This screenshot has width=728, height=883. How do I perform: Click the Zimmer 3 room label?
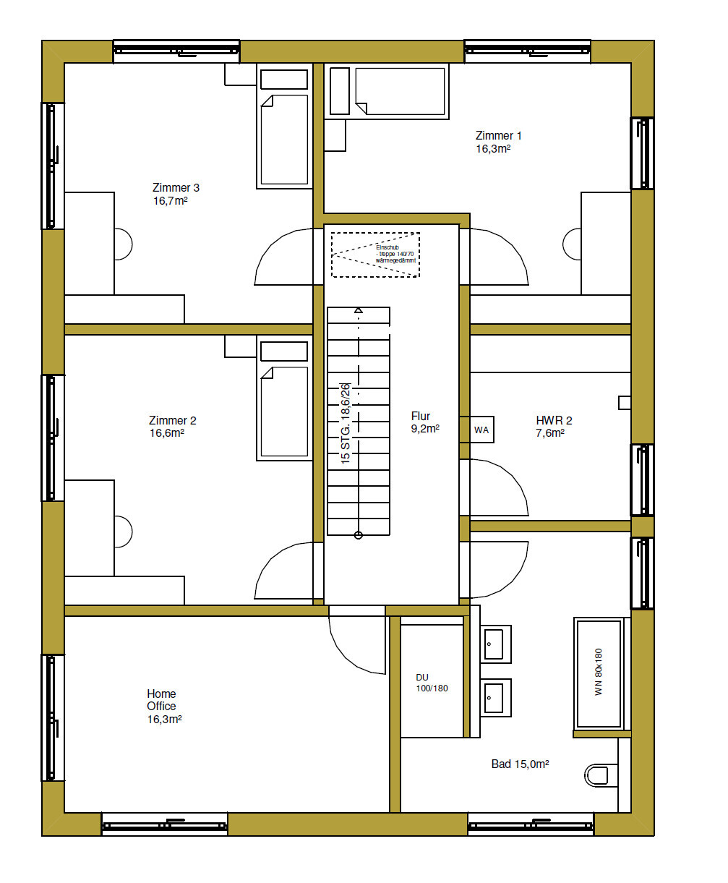pos(176,194)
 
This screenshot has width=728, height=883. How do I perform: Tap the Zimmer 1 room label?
pos(498,142)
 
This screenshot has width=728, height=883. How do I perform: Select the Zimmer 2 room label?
pos(172,427)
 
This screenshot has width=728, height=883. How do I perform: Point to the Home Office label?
pos(163,707)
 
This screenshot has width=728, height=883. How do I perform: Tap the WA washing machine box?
pos(481,430)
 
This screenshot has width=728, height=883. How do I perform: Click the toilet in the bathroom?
pos(598,775)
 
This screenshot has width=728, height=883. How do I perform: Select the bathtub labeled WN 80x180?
pos(598,672)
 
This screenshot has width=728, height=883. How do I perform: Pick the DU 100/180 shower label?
pos(432,683)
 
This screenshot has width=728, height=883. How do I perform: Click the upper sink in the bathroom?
pos(495,643)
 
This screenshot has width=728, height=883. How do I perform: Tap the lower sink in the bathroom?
pos(495,696)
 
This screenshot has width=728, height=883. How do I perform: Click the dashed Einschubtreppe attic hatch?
pos(375,255)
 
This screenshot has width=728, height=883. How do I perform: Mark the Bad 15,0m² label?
pos(521,764)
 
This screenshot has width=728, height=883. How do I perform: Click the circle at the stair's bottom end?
pos(358,535)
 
